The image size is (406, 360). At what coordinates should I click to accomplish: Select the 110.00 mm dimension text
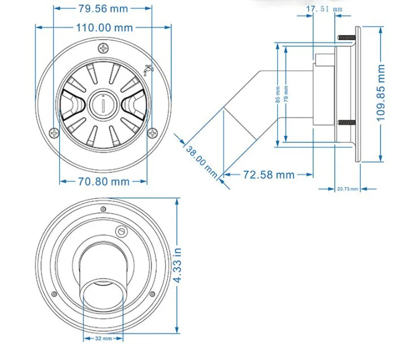[x=103, y=27]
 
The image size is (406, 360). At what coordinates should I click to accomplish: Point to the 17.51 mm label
[x=324, y=9]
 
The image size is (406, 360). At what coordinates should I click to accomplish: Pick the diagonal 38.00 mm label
[x=202, y=161]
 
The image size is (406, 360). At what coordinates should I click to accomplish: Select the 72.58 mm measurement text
[x=269, y=175]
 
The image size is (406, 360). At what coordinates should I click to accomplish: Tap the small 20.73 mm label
[x=347, y=189]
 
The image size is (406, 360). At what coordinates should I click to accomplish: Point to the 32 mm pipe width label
[x=103, y=339]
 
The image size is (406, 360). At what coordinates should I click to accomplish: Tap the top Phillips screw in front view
[x=103, y=49]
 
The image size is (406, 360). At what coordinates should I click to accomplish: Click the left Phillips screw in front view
[x=54, y=133]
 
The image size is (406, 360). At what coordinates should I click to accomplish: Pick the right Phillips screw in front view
[x=152, y=133]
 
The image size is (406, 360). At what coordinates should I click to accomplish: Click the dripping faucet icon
[x=148, y=70]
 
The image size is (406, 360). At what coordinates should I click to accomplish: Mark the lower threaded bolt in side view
[x=345, y=123]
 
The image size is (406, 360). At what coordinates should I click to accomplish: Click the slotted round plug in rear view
[x=120, y=232]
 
